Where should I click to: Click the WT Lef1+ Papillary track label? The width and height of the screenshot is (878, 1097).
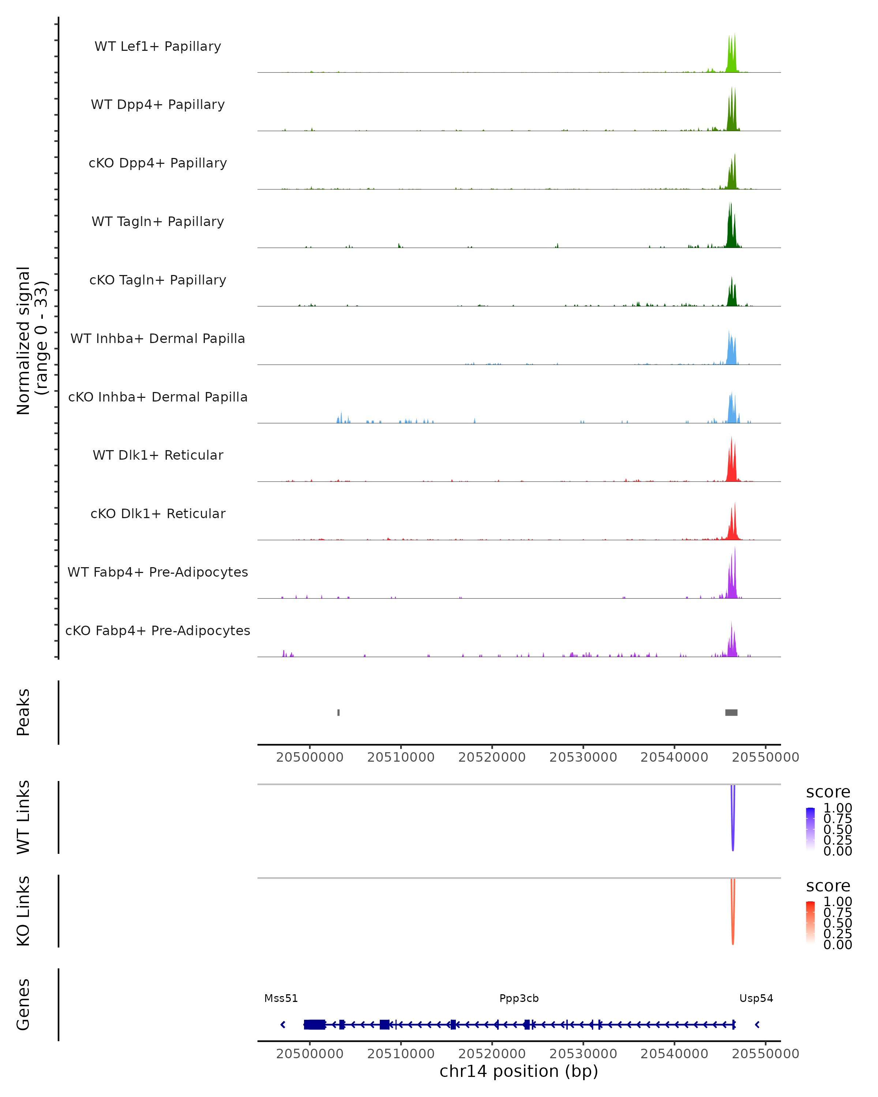pyautogui.click(x=158, y=46)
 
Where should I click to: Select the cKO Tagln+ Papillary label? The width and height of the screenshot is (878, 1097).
pyautogui.click(x=158, y=280)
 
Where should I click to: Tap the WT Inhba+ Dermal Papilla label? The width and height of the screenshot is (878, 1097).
pyautogui.click(x=158, y=338)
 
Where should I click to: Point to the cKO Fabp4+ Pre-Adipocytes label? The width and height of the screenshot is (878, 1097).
pyautogui.click(x=158, y=630)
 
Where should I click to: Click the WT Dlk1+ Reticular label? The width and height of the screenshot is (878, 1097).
pyautogui.click(x=158, y=455)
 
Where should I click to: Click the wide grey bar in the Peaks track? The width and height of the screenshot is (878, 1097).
pyautogui.click(x=731, y=712)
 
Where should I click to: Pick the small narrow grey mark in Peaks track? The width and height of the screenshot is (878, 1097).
pyautogui.click(x=338, y=712)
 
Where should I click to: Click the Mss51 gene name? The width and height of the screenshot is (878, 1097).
pyautogui.click(x=281, y=998)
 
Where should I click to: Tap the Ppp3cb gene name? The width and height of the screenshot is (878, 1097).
pyautogui.click(x=519, y=998)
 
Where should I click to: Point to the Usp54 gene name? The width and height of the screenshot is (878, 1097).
pyautogui.click(x=756, y=998)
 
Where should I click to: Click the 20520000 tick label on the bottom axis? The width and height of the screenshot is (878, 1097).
pyautogui.click(x=492, y=1054)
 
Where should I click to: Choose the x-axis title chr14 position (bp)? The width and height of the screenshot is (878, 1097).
pyautogui.click(x=519, y=1071)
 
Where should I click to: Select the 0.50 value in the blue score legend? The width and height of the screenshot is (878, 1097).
pyautogui.click(x=838, y=829)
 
